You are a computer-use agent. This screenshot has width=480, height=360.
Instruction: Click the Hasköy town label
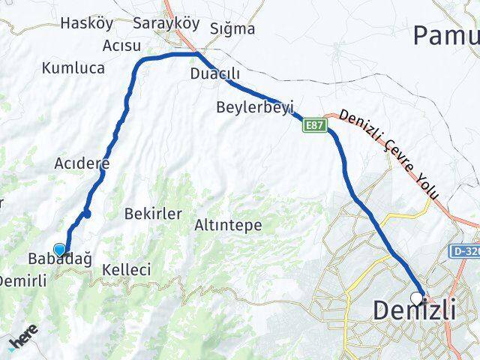pyautogui.click(x=86, y=23)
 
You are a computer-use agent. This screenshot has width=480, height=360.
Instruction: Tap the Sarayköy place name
pyautogui.click(x=166, y=23)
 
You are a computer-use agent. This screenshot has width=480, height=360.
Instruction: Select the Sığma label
pyautogui.click(x=233, y=29)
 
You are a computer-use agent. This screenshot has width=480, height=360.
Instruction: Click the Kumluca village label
pyautogui.click(x=73, y=68)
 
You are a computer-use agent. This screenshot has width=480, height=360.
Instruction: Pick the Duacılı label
pyautogui.click(x=215, y=74)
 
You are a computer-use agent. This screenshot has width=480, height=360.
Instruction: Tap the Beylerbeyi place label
pyautogui.click(x=254, y=106)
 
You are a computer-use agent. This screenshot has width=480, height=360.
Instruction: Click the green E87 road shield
pyautogui.click(x=314, y=126)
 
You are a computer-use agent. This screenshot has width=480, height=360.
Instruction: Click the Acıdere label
pyautogui.click(x=82, y=163)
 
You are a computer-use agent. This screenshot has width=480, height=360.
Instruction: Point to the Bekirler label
pyautogui.click(x=154, y=214)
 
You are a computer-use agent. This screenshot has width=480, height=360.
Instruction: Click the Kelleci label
pyautogui.click(x=128, y=269)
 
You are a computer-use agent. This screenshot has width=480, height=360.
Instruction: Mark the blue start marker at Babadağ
pyautogui.click(x=60, y=250)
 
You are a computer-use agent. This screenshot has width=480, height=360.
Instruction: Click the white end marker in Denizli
pyautogui.click(x=417, y=298)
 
